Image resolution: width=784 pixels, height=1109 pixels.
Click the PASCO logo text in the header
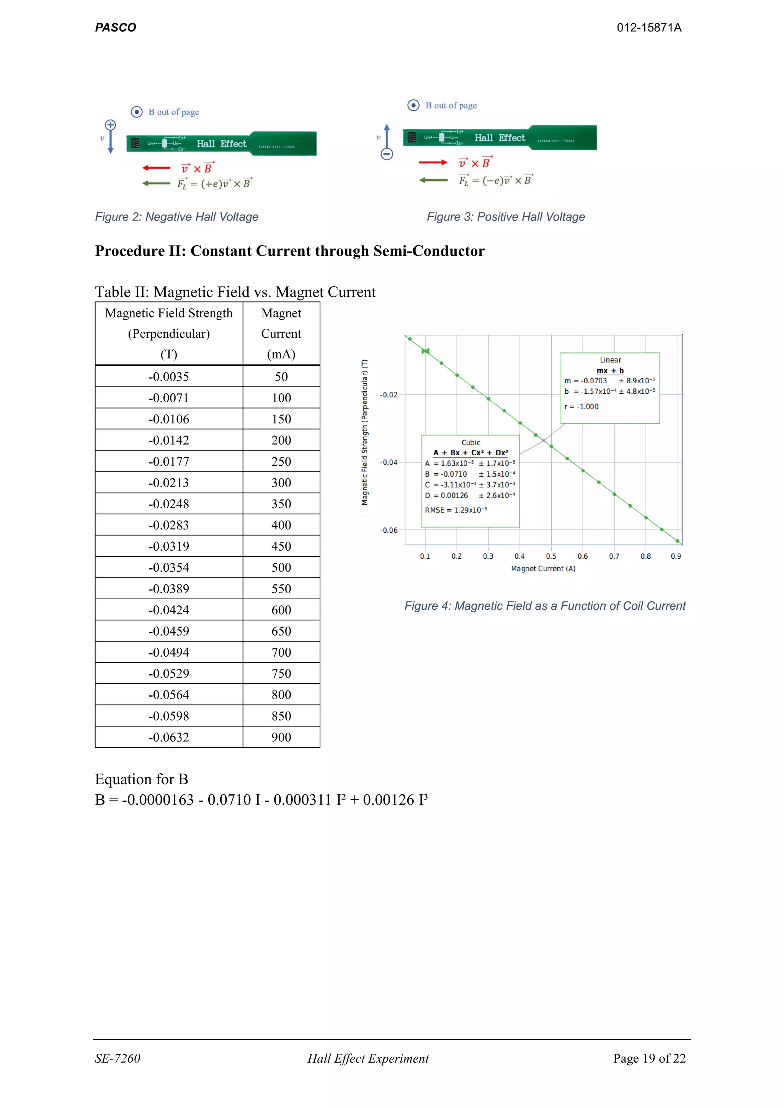tap(115, 28)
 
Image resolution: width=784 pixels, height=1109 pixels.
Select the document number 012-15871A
tap(649, 28)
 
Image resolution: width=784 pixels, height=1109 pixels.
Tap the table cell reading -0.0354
tap(168, 568)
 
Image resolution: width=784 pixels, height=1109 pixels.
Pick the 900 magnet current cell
tap(281, 737)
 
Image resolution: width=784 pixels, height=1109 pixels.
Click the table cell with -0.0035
tap(168, 377)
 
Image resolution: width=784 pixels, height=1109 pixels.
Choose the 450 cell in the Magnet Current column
tap(281, 546)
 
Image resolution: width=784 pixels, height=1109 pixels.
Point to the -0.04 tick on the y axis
tap(389, 463)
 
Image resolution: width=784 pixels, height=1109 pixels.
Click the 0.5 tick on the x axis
tap(551, 556)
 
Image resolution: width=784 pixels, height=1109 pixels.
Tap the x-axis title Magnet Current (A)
tap(543, 569)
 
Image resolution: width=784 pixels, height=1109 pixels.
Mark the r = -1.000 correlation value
tap(582, 407)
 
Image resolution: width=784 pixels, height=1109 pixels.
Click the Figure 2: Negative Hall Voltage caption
tap(177, 217)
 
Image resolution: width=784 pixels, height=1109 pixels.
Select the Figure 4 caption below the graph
tap(545, 606)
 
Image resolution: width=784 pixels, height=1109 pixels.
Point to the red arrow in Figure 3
tap(433, 163)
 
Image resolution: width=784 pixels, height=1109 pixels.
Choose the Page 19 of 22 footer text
tap(649, 1059)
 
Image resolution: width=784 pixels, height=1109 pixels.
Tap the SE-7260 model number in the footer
tap(117, 1059)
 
